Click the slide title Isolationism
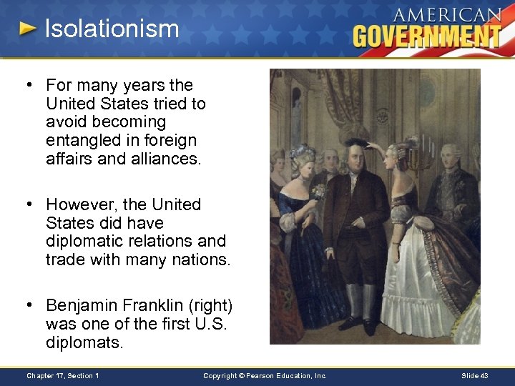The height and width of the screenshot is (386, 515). click(112, 29)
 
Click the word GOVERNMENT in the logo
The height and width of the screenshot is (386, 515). click(427, 35)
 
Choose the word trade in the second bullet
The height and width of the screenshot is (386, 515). click(64, 260)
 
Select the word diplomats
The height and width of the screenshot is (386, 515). click(84, 343)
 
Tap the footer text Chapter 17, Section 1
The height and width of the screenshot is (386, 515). click(63, 376)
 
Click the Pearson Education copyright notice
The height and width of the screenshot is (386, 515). click(265, 376)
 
